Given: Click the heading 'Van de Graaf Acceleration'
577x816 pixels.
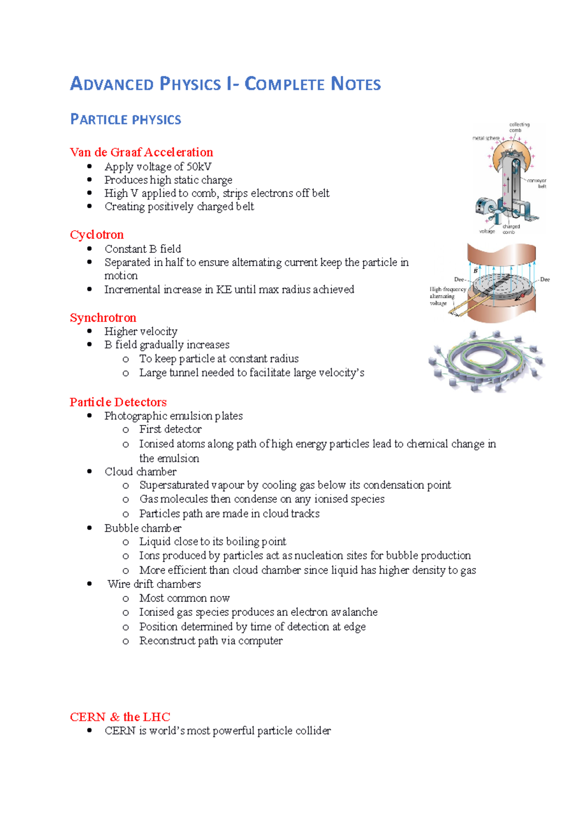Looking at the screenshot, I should tap(141, 152).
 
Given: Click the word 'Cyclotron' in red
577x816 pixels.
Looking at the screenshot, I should tap(97, 235).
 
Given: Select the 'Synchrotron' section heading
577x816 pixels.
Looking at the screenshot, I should tap(103, 318).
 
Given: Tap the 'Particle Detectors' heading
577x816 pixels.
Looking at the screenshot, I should tap(118, 402).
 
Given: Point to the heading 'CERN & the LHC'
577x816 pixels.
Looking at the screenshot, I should tap(120, 717).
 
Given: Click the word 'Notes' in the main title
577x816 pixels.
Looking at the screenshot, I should tap(356, 84).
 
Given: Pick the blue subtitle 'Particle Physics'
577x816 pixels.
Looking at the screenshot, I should tap(125, 119).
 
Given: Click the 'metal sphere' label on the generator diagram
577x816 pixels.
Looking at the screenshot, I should tap(485, 138).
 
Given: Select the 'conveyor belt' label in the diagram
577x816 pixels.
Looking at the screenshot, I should tap(537, 183).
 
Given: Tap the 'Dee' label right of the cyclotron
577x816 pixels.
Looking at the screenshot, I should tap(545, 279).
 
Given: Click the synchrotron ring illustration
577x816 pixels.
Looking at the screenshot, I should tap(486, 360).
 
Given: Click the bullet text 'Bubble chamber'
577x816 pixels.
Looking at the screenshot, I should tap(143, 528).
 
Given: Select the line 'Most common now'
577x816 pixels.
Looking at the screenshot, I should tap(184, 598).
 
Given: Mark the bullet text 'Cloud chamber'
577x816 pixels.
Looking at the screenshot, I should tap(140, 471).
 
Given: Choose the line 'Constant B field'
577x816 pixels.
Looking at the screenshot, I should tap(143, 249).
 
